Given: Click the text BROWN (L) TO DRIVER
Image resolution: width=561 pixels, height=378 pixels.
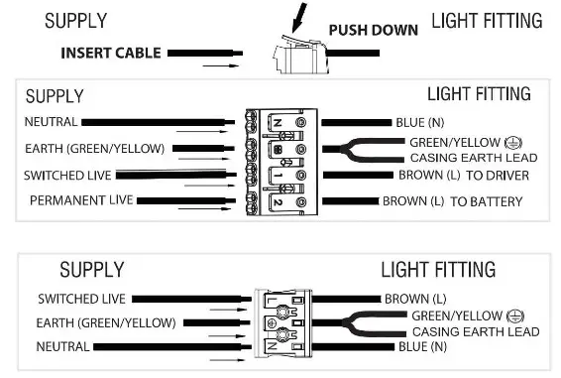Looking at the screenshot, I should pyautogui.click(x=463, y=176).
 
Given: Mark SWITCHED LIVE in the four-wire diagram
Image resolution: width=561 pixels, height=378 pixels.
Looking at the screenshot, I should pyautogui.click(x=62, y=175).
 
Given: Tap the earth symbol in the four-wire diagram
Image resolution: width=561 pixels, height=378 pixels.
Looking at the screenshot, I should pyautogui.click(x=512, y=142).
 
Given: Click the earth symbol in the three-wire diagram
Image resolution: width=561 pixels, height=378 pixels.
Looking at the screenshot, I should pyautogui.click(x=513, y=315).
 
